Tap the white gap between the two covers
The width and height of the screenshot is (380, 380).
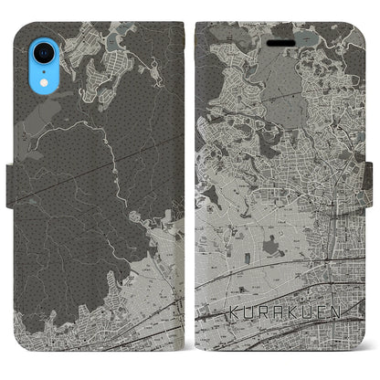pos(190,183)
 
